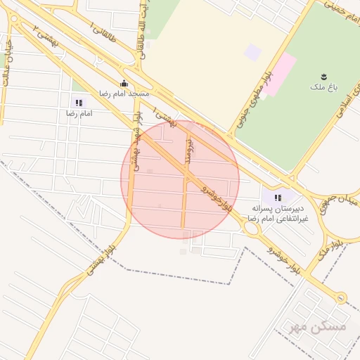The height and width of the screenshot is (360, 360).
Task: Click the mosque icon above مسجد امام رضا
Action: [x=124, y=83]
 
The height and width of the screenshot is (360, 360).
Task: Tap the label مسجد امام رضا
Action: [x=124, y=94]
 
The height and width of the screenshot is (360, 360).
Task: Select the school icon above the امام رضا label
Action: [x=78, y=103]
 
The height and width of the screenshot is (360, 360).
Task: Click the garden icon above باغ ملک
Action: [x=323, y=77]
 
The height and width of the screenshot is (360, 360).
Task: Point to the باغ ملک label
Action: [x=323, y=87]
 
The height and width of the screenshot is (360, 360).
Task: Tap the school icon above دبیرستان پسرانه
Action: [x=278, y=198]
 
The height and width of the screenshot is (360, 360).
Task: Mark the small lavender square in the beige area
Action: [x=252, y=52]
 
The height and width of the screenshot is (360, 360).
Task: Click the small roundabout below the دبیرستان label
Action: [x=251, y=227]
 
